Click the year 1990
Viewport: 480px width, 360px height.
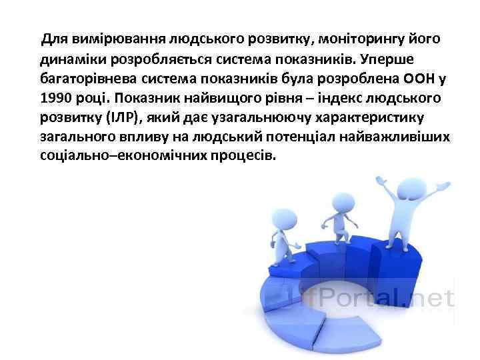(x=55, y=99)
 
